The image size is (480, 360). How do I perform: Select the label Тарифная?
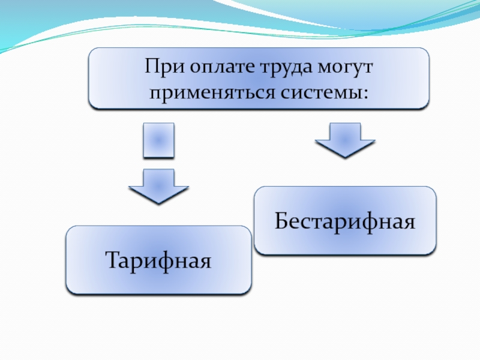point(158,261)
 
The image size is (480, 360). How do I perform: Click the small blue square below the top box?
point(159,140)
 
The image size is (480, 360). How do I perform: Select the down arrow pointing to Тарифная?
point(159,185)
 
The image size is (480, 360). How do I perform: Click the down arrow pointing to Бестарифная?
point(345,139)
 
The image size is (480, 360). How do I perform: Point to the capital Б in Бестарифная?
point(282,221)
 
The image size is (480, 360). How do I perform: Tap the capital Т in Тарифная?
point(112,260)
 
